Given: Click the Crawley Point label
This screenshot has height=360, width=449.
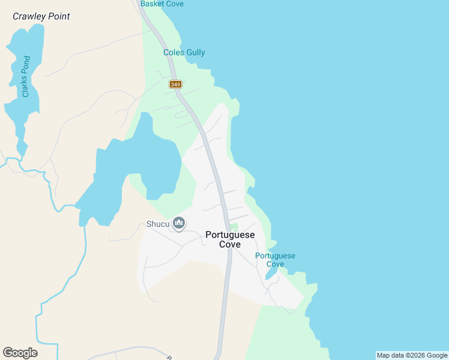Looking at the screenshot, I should [x=41, y=16].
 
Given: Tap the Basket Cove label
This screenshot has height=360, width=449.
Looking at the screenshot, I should [x=161, y=4].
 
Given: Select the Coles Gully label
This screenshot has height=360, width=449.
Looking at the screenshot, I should [x=184, y=52].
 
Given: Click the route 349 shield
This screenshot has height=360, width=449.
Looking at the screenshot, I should [x=175, y=85].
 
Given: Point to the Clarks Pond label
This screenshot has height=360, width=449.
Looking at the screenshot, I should [x=26, y=76].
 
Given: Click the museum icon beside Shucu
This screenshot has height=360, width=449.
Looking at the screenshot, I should [x=178, y=224].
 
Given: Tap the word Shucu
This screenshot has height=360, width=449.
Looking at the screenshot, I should [x=158, y=224].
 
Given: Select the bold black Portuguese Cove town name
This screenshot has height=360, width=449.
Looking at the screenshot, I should [x=230, y=239].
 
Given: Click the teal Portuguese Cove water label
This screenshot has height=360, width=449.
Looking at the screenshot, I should [x=275, y=260].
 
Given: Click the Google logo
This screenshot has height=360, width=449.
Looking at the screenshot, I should [x=20, y=353].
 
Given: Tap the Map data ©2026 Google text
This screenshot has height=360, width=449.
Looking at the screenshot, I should [x=412, y=355].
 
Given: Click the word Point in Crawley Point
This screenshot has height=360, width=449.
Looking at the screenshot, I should [x=58, y=16].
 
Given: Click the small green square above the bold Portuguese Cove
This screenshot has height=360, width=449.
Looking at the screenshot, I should [x=234, y=226].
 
